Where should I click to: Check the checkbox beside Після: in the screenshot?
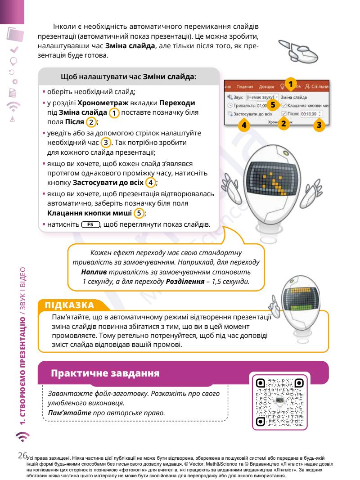pyautogui.click(x=284, y=114)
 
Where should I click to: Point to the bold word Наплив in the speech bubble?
pyautogui.click(x=93, y=273)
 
